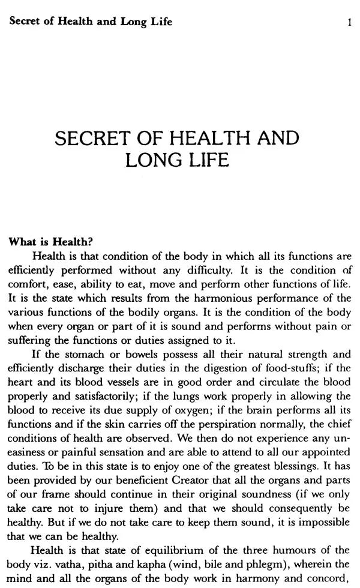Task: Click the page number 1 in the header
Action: [x=349, y=23]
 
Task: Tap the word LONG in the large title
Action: [x=151, y=161]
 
